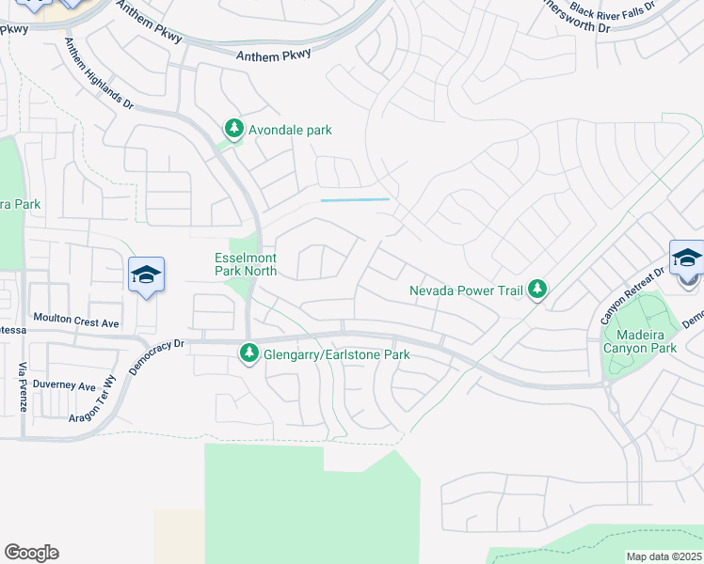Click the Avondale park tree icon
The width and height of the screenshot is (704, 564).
pos(232,130)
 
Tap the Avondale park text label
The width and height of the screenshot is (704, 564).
pos(290,130)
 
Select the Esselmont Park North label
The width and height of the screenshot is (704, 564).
pos(244,263)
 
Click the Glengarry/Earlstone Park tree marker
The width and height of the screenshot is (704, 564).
pos(249,354)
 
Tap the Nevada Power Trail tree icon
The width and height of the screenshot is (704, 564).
pos(536,290)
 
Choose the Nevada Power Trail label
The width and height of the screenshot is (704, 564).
pos(465,290)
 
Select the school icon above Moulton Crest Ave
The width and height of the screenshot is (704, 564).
pos(146,274)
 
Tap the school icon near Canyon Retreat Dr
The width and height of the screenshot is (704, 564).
pos(687,258)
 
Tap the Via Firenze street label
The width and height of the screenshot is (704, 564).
pos(22,386)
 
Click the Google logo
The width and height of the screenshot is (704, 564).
pos(31,552)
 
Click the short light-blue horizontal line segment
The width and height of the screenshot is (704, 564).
pos(355,200)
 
